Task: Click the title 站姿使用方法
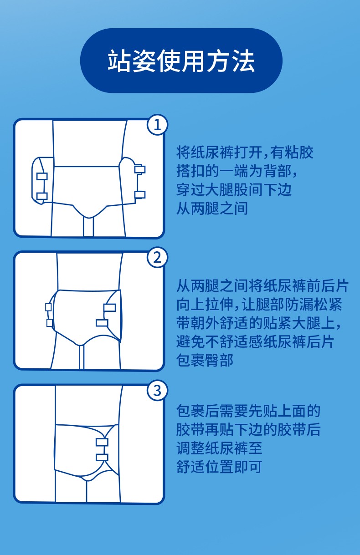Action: point(181,61)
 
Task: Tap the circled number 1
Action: point(157,125)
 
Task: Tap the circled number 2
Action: point(157,257)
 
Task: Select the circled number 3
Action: point(157,391)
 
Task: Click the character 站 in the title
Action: point(119,61)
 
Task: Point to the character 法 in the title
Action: point(243,61)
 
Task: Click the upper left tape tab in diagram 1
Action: point(42,176)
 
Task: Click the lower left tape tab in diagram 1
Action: point(42,197)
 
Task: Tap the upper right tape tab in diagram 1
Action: point(140,169)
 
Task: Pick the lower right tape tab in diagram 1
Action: point(140,195)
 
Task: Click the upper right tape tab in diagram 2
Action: point(109,308)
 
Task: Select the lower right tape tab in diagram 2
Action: point(102,323)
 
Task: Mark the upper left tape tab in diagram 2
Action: point(48,307)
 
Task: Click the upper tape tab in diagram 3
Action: point(102,443)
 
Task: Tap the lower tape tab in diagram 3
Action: point(102,458)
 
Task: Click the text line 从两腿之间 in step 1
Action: point(212,209)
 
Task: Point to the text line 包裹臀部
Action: point(205,360)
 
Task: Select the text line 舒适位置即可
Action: point(219,467)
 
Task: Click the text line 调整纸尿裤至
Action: point(219,448)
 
